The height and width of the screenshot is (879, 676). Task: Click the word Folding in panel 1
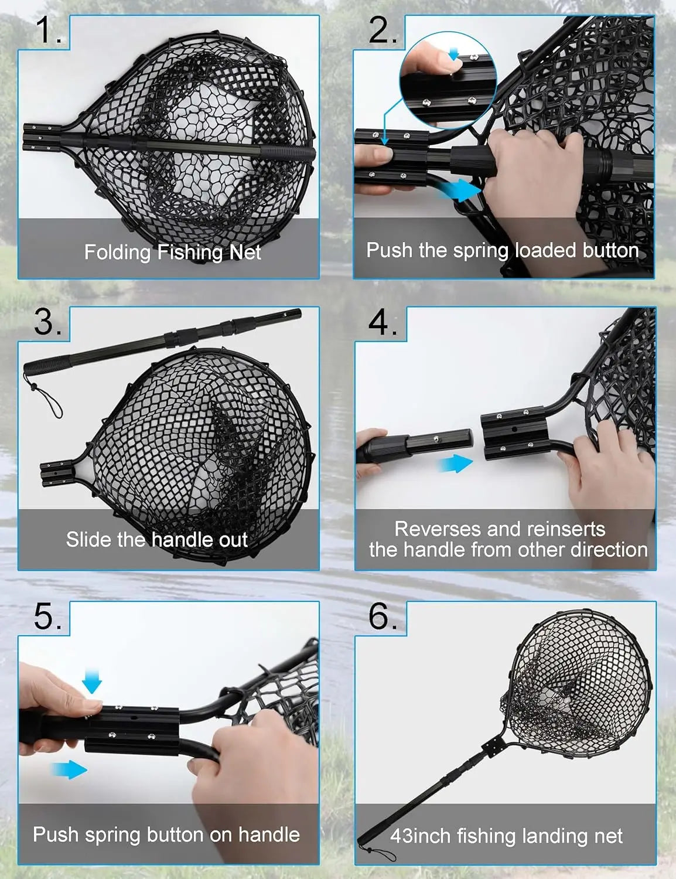pos(117,253)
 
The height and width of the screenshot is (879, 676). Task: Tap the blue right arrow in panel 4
pos(455,464)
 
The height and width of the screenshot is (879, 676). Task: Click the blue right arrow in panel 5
pos(69,769)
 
